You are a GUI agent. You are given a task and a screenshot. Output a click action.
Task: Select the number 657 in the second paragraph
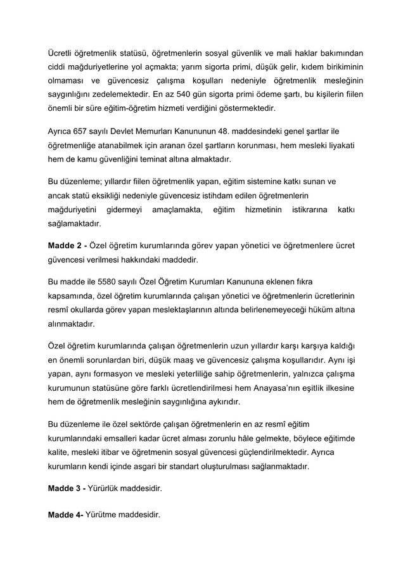tap(80, 131)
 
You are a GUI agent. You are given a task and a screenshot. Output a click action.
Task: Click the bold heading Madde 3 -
tap(67, 490)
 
